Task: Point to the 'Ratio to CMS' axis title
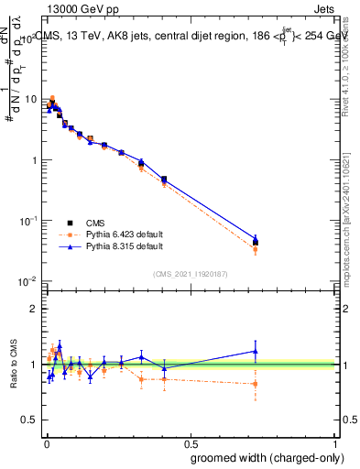pos(16,364)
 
